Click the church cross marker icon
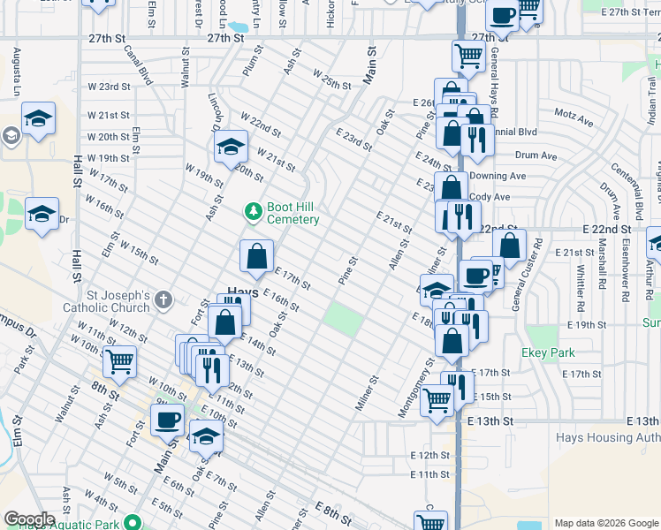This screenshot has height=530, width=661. (x=163, y=301)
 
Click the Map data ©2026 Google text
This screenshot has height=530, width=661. (x=605, y=523)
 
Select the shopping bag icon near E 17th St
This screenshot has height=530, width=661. (x=255, y=256)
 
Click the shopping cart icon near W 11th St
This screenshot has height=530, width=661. (x=119, y=360)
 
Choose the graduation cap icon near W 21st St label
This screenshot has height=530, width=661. (x=39, y=118)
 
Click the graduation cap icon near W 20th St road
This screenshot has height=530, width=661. (x=231, y=146)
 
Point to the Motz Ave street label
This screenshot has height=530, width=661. (x=574, y=116)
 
